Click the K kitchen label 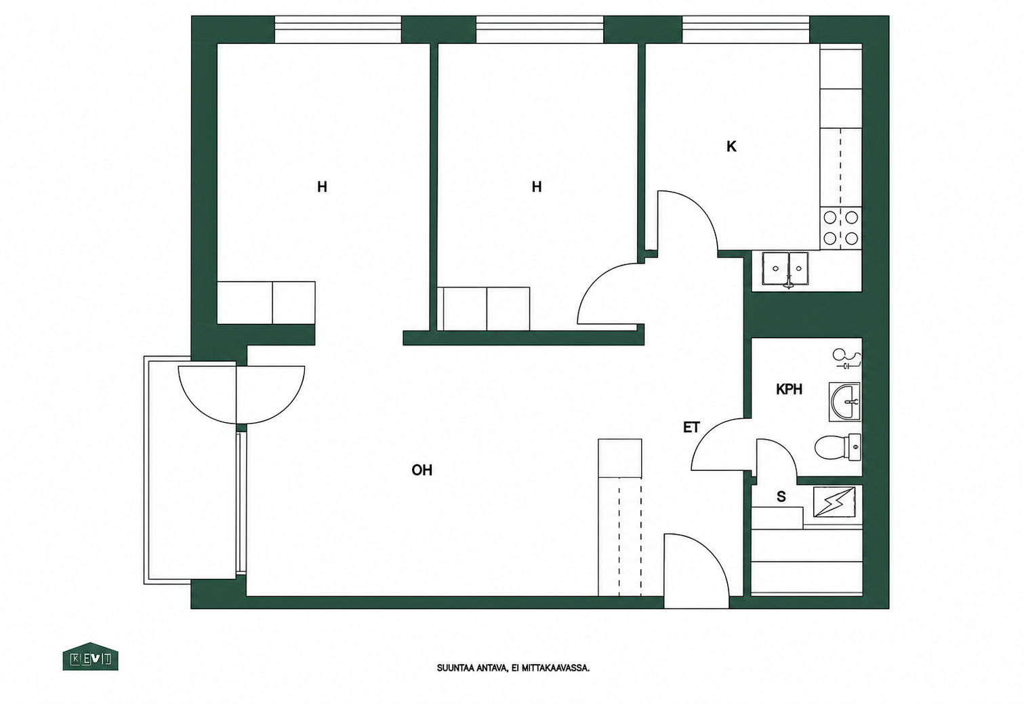[x=731, y=146]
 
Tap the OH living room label [x=422, y=470]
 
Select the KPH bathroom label [x=789, y=390]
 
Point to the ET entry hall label [x=692, y=428]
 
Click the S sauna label [x=781, y=497]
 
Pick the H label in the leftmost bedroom [x=322, y=187]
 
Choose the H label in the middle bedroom [x=537, y=187]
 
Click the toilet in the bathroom [x=838, y=447]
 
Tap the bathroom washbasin [x=844, y=402]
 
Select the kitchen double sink [x=785, y=269]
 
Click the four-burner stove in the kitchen [x=841, y=228]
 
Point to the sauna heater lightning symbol [x=834, y=502]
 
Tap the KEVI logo [x=91, y=657]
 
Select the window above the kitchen [x=745, y=30]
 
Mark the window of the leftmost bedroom [x=338, y=30]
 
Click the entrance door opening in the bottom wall [x=696, y=602]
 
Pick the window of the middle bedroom [x=540, y=30]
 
